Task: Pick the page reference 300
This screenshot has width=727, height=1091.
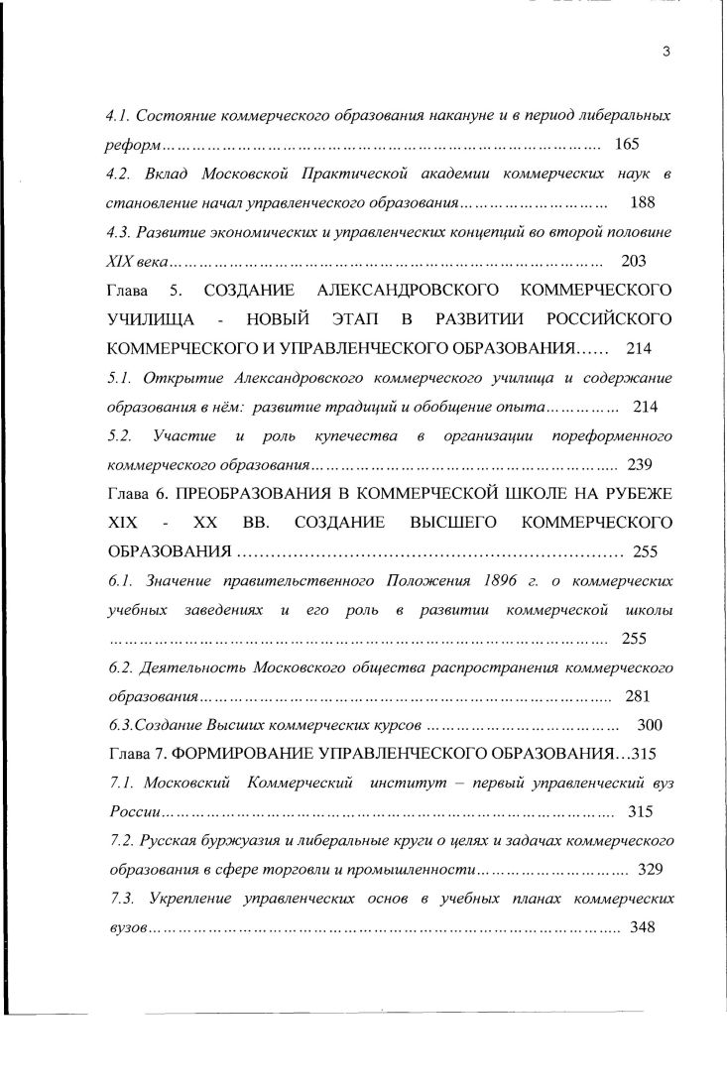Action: [x=649, y=725]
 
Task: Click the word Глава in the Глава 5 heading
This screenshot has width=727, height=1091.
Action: [x=128, y=291]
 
